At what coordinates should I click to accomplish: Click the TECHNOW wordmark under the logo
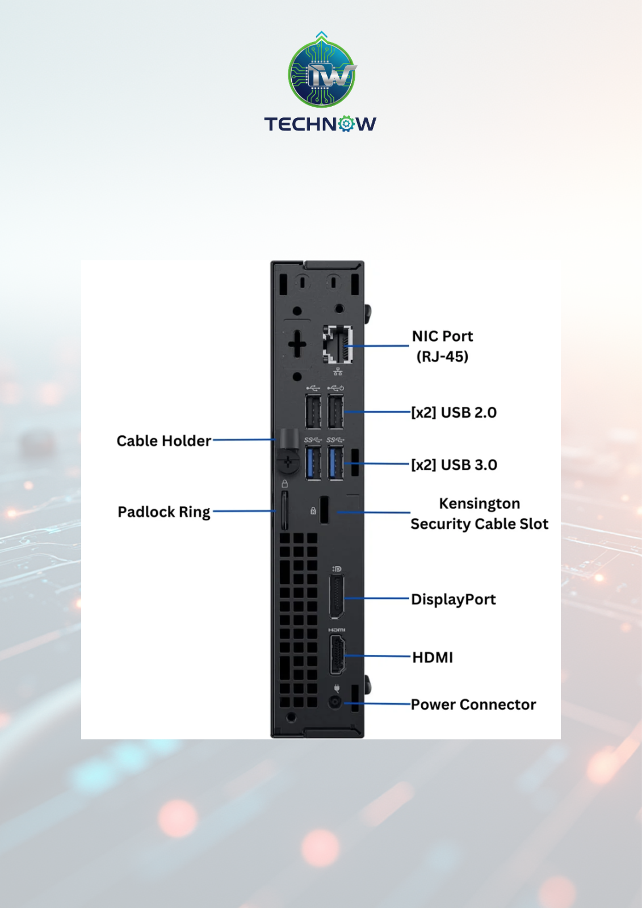(x=320, y=124)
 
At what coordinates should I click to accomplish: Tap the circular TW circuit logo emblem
(x=322, y=73)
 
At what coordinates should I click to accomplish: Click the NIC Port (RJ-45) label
(x=442, y=346)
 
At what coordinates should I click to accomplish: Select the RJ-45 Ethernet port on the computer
(x=338, y=344)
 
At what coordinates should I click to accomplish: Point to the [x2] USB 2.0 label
(x=454, y=412)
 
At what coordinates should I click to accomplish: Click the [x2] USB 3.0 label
(x=454, y=465)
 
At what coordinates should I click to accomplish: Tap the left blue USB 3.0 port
(x=313, y=463)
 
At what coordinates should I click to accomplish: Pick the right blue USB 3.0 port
(x=336, y=463)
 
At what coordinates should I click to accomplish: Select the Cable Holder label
(x=164, y=440)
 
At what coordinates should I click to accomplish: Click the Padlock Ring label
(x=164, y=511)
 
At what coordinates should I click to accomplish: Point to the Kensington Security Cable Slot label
(x=479, y=514)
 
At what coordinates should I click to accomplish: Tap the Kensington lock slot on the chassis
(x=325, y=510)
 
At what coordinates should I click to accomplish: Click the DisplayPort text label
(x=454, y=599)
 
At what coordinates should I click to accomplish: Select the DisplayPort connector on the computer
(x=336, y=596)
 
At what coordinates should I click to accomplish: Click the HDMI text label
(x=433, y=658)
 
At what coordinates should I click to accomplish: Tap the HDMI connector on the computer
(x=337, y=655)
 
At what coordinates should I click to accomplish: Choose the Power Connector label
(x=473, y=704)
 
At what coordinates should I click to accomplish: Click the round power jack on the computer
(x=335, y=702)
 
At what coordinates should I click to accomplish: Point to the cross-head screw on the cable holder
(x=288, y=461)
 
